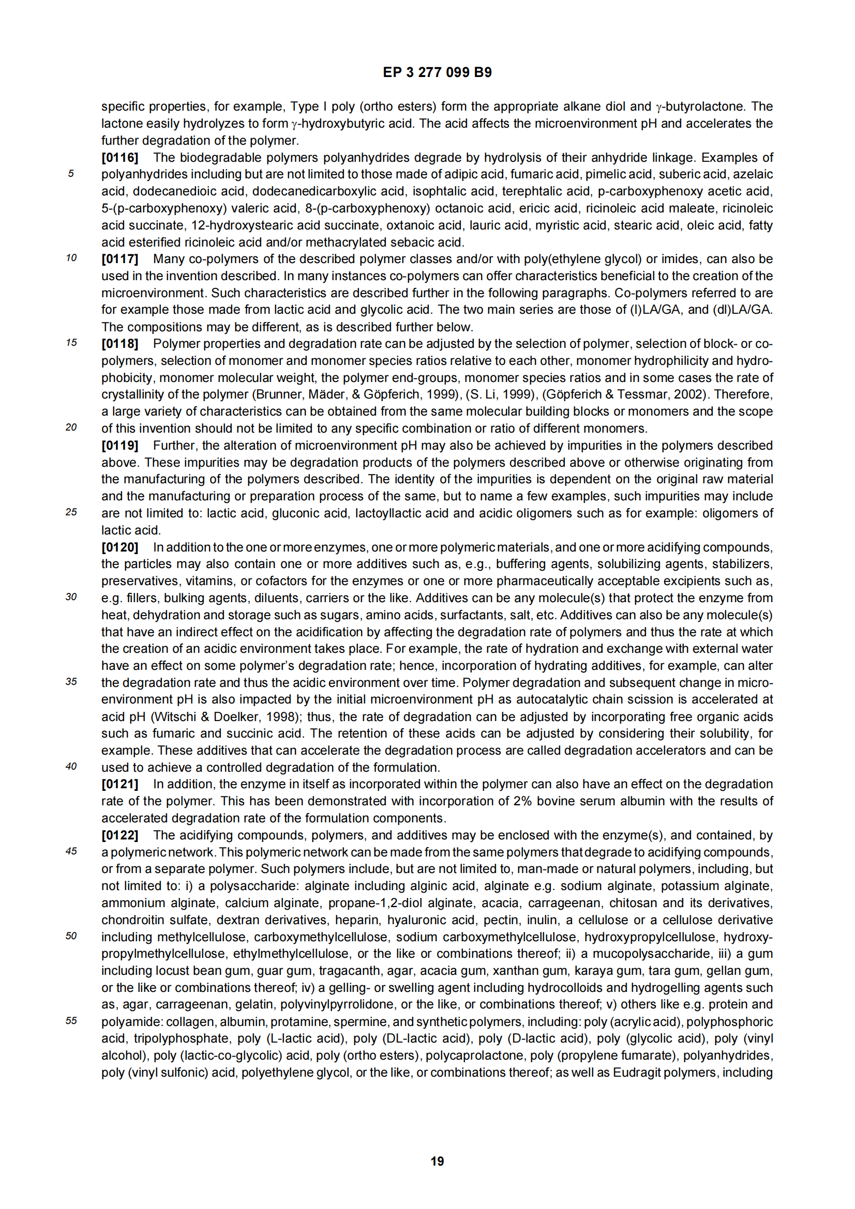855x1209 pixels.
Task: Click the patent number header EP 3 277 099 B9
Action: pos(437,73)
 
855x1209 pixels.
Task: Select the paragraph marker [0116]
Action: pos(119,158)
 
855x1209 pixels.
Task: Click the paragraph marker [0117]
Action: pos(119,259)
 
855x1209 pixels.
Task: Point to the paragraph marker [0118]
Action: pos(119,344)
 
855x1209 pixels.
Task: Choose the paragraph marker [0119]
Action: pos(119,446)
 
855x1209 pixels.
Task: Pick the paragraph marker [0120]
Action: pos(119,547)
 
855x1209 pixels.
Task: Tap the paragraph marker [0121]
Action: pos(119,784)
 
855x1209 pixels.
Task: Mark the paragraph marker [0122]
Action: pos(119,835)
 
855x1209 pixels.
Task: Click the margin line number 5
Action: pos(70,174)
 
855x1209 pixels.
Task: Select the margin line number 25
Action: pos(71,512)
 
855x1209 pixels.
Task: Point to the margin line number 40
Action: pos(71,767)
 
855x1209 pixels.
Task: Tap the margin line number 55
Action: pos(71,1021)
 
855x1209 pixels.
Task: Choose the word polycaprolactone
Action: pos(486,1055)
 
